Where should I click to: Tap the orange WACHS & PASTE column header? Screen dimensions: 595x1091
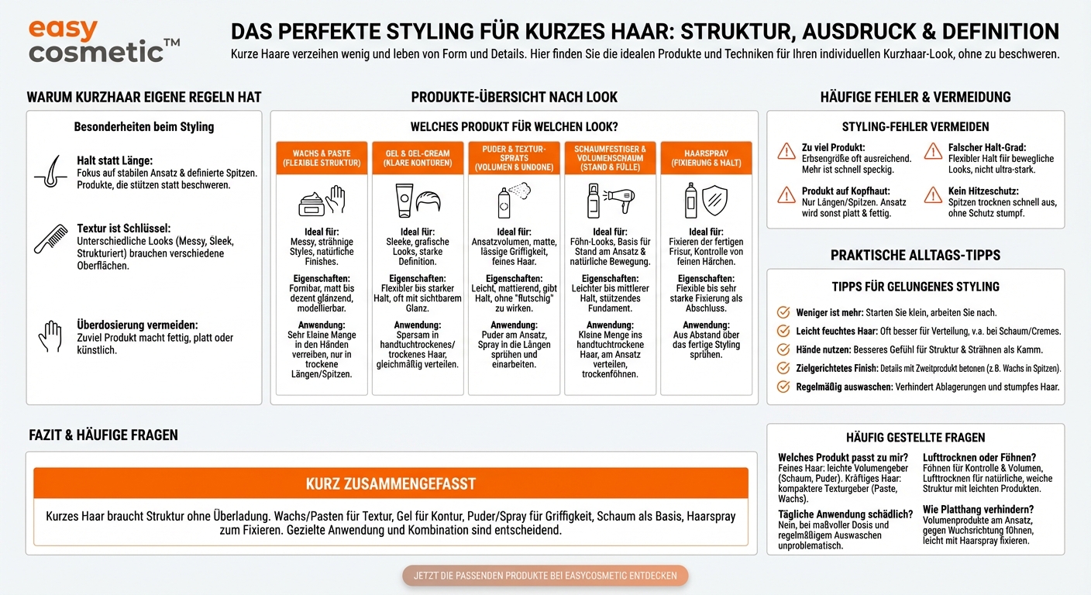322,158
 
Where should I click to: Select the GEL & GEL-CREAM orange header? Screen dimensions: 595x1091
418,158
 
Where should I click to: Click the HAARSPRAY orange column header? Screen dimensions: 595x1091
707,158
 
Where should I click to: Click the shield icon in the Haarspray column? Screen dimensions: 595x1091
714,200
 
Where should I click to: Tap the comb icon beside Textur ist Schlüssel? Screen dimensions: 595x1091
51,239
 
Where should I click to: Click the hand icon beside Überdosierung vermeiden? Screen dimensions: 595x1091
50,338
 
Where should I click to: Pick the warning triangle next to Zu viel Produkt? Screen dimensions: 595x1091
786,150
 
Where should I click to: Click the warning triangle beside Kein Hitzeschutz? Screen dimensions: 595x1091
934,194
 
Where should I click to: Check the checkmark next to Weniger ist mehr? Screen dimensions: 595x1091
783,313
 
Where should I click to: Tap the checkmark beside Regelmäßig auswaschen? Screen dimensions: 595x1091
783,387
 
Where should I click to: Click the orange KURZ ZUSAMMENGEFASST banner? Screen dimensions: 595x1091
391,484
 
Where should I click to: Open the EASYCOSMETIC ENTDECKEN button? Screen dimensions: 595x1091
545,576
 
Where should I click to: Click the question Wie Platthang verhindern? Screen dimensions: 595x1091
978,509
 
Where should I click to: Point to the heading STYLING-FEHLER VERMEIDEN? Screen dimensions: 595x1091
915,126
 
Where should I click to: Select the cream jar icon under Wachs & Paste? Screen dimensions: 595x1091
311,203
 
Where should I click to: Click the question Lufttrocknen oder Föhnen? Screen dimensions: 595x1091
979,458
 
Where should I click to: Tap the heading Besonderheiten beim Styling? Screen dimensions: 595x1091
144,126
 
